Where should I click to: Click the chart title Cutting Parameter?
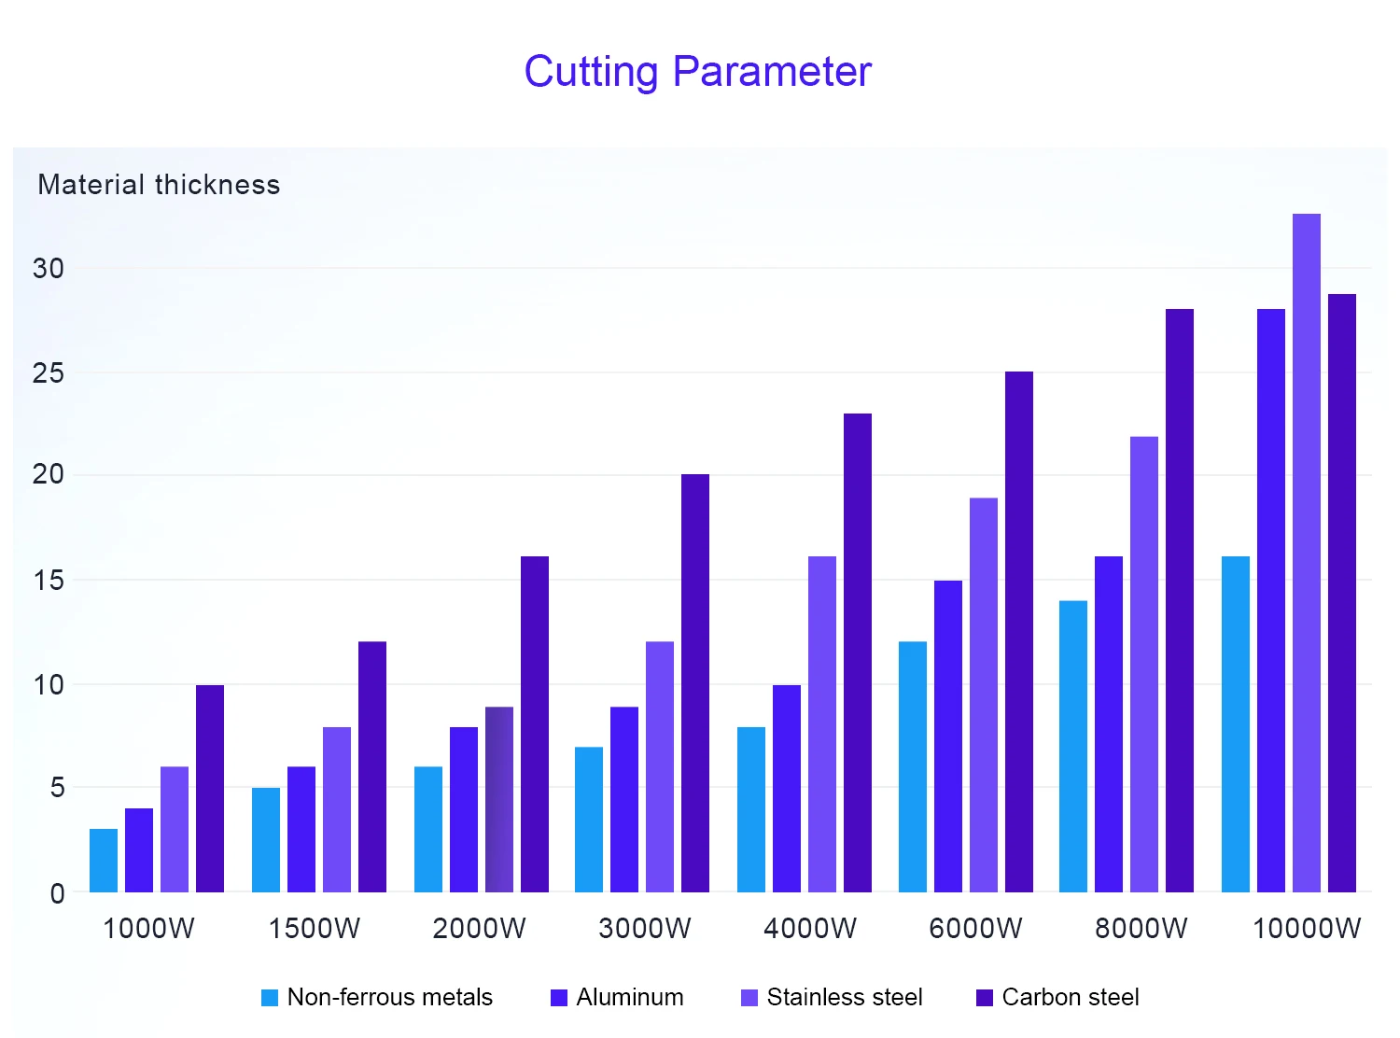pos(697,72)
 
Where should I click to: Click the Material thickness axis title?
pos(159,185)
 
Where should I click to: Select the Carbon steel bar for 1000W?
pos(210,789)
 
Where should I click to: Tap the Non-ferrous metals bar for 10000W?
pos(1236,724)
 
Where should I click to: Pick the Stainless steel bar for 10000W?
pos(1307,553)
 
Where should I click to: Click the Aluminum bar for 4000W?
pos(787,789)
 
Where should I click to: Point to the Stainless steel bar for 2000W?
pos(499,800)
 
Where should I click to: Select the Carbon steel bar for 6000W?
pos(1019,632)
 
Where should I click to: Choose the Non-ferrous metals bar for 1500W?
pos(266,840)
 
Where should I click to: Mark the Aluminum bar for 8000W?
pos(1109,724)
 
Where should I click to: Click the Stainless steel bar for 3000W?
pos(660,767)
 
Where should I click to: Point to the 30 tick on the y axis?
pos(49,269)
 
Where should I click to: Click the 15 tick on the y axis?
pos(49,581)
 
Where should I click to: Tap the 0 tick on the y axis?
pos(57,893)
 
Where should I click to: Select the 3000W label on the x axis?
pos(645,929)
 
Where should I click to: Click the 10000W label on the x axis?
pos(1307,929)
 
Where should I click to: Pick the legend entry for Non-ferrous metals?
pos(377,998)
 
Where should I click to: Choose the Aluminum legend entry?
pos(618,998)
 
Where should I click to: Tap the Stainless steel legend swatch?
pos(749,998)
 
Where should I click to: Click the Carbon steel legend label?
pos(1071,998)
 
